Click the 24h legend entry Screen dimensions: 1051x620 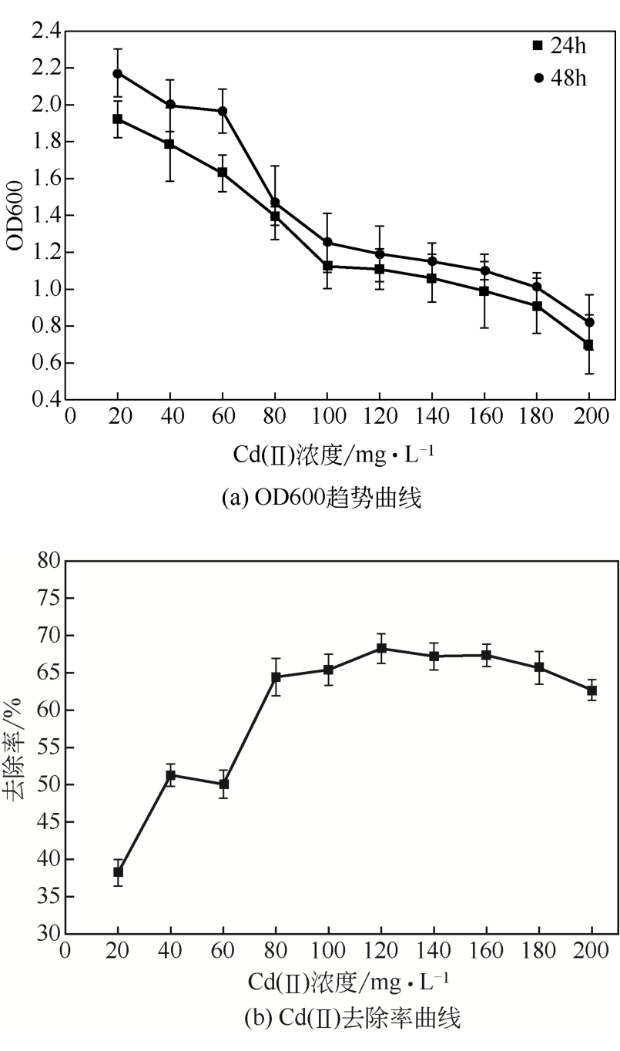tap(559, 46)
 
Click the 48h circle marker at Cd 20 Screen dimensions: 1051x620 tap(118, 73)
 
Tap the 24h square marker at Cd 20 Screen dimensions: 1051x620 tap(118, 119)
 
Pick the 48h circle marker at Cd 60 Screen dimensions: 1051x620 tap(223, 111)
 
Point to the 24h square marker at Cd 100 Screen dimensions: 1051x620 tap(327, 266)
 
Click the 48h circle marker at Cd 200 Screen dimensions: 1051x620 tap(589, 322)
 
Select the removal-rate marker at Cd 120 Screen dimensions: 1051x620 tap(380, 648)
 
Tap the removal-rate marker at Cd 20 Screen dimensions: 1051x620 tap(118, 871)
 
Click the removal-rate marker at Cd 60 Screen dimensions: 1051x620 tap(223, 784)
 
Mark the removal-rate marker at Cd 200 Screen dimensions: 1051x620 tap(592, 690)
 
